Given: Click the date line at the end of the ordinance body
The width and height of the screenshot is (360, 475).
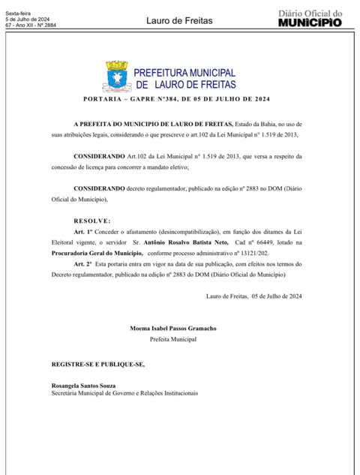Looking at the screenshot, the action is pyautogui.click(x=253, y=296).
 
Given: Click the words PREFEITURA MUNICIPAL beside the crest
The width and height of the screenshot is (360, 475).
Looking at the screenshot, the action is pyautogui.click(x=184, y=73).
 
